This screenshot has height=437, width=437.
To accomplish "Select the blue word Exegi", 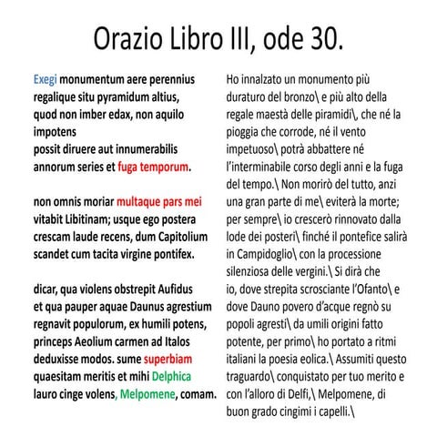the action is (x=45, y=80).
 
